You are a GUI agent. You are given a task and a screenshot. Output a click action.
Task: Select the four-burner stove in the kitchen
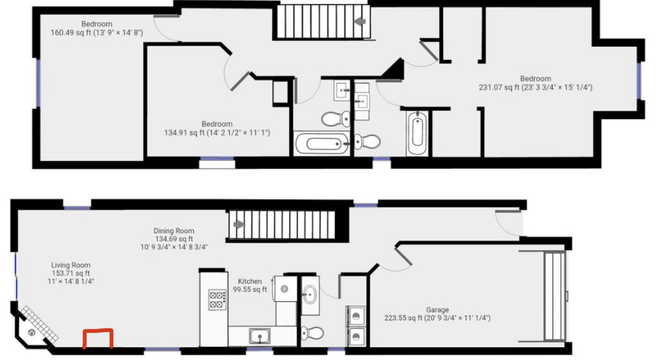[217, 300]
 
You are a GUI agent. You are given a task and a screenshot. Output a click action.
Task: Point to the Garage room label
[437, 310]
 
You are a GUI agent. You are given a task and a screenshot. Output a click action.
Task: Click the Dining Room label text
[174, 231]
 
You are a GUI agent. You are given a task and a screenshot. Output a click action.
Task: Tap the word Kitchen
[250, 282]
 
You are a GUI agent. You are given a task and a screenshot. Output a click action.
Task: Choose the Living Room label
[71, 265]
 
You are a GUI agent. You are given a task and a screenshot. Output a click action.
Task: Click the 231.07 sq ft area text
[535, 87]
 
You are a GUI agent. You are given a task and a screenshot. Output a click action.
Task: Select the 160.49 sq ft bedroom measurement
[97, 33]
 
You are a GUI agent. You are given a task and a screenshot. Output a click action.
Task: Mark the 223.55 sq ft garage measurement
[437, 318]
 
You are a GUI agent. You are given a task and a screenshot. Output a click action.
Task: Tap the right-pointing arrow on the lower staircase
[239, 224]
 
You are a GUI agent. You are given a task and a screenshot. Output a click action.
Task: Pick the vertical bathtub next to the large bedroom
[416, 132]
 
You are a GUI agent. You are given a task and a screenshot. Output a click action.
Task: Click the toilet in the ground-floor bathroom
[312, 333]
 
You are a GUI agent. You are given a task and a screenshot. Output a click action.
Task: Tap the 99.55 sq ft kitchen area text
[250, 289]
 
